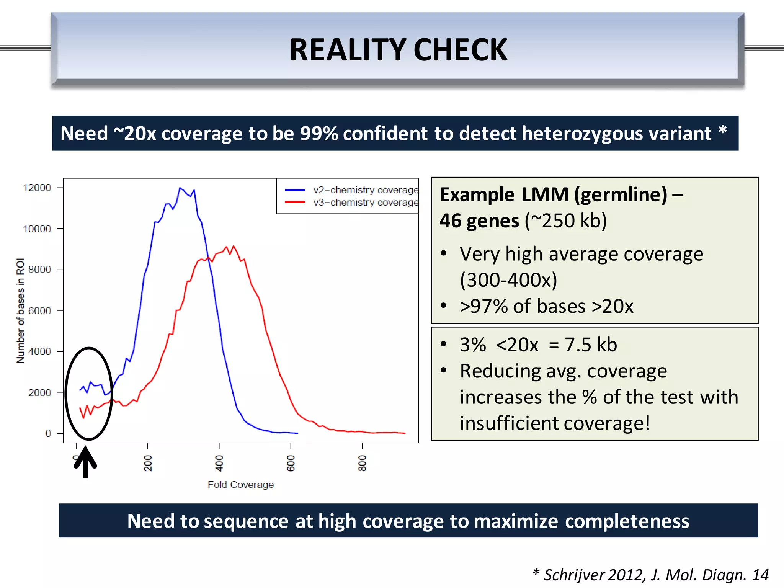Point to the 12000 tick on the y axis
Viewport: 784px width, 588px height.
[x=37, y=188]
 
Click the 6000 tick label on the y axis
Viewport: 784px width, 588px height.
[x=39, y=310]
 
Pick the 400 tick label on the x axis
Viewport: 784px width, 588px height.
[x=219, y=463]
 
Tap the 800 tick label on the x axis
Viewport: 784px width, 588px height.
[x=362, y=463]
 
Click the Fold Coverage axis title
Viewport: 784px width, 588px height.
[x=241, y=485]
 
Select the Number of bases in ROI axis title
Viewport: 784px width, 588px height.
[x=20, y=310]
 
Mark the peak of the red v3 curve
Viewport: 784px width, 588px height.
[x=234, y=246]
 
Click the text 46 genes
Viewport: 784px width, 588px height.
[x=479, y=221]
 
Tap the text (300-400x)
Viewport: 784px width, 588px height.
[x=508, y=280]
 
